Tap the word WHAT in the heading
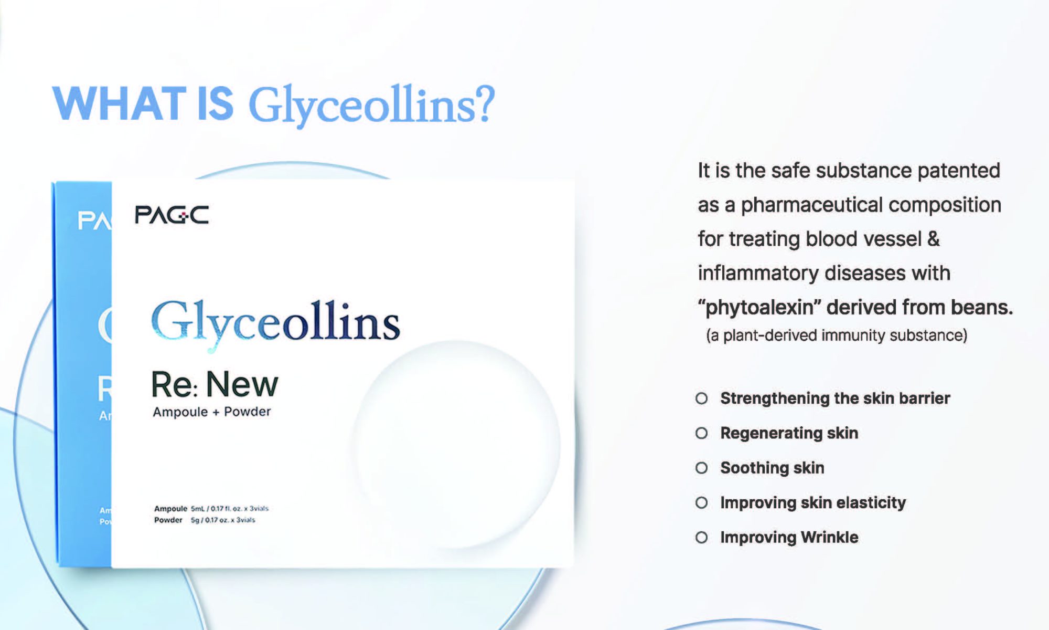click(120, 103)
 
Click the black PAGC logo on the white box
click(172, 215)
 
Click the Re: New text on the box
click(215, 384)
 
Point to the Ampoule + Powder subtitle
click(212, 412)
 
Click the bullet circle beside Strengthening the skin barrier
click(701, 398)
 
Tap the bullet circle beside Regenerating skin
click(701, 433)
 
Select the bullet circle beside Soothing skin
click(701, 468)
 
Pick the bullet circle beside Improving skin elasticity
click(701, 503)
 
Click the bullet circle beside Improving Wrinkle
click(701, 538)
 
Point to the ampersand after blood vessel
click(934, 239)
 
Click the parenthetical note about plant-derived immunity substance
click(837, 335)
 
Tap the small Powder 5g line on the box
click(205, 520)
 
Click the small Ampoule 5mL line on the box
click(211, 508)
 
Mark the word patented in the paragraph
click(959, 171)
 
